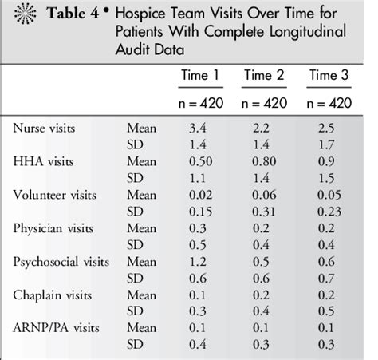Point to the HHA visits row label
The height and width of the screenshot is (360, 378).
pyautogui.click(x=40, y=160)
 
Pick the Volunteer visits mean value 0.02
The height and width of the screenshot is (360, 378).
pyautogui.click(x=198, y=194)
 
